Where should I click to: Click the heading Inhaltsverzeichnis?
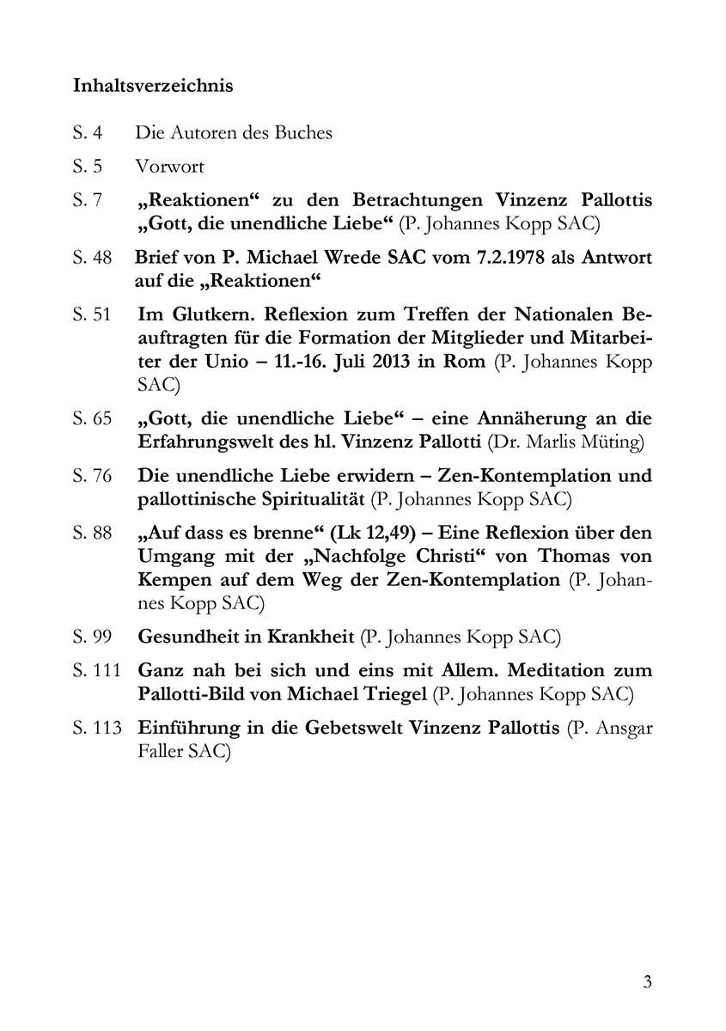(x=153, y=87)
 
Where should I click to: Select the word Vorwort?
(x=169, y=166)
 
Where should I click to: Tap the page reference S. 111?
(x=96, y=670)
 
